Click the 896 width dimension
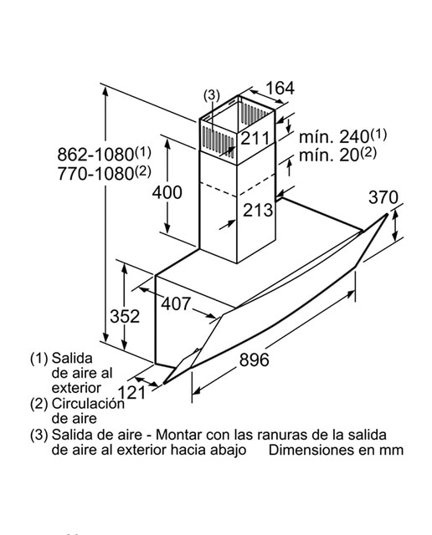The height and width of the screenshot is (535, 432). [254, 359]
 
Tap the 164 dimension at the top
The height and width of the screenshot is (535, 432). [280, 88]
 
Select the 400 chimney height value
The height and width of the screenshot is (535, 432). [167, 192]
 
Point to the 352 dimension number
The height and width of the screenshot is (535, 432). [125, 316]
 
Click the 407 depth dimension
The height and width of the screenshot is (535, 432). [176, 303]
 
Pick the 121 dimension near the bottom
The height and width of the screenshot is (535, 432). [131, 392]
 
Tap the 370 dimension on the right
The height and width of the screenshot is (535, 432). [383, 197]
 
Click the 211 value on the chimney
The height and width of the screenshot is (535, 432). [255, 138]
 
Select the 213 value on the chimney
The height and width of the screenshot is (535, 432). [258, 210]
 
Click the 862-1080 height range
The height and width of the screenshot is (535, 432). [104, 154]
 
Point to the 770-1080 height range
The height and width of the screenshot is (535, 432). [104, 173]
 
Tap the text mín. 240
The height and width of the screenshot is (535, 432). [342, 135]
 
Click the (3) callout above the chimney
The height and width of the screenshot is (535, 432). [212, 94]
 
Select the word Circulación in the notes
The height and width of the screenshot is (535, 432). [88, 404]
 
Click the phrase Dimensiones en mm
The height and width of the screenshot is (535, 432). [336, 450]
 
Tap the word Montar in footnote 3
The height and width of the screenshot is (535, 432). [177, 435]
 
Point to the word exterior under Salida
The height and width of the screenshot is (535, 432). [76, 388]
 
